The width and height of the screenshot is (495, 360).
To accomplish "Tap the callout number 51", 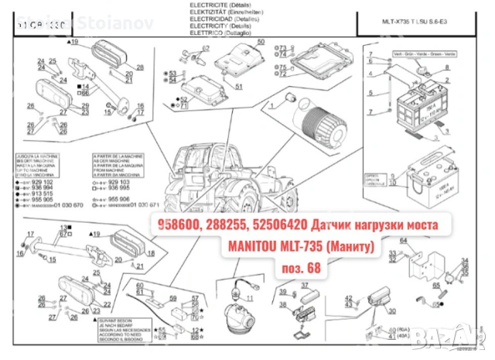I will (240, 85).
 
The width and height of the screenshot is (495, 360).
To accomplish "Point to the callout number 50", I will (261, 40).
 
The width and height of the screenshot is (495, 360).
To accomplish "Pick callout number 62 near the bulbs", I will (206, 48).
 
